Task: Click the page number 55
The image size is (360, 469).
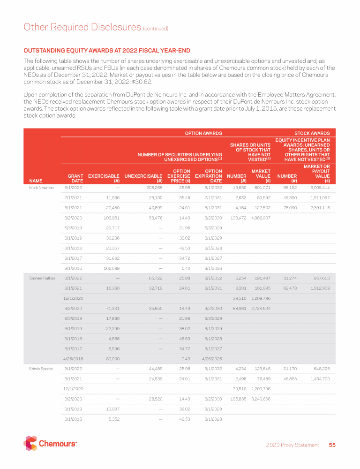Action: click(x=332, y=445)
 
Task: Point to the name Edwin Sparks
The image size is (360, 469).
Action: click(x=41, y=368)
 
